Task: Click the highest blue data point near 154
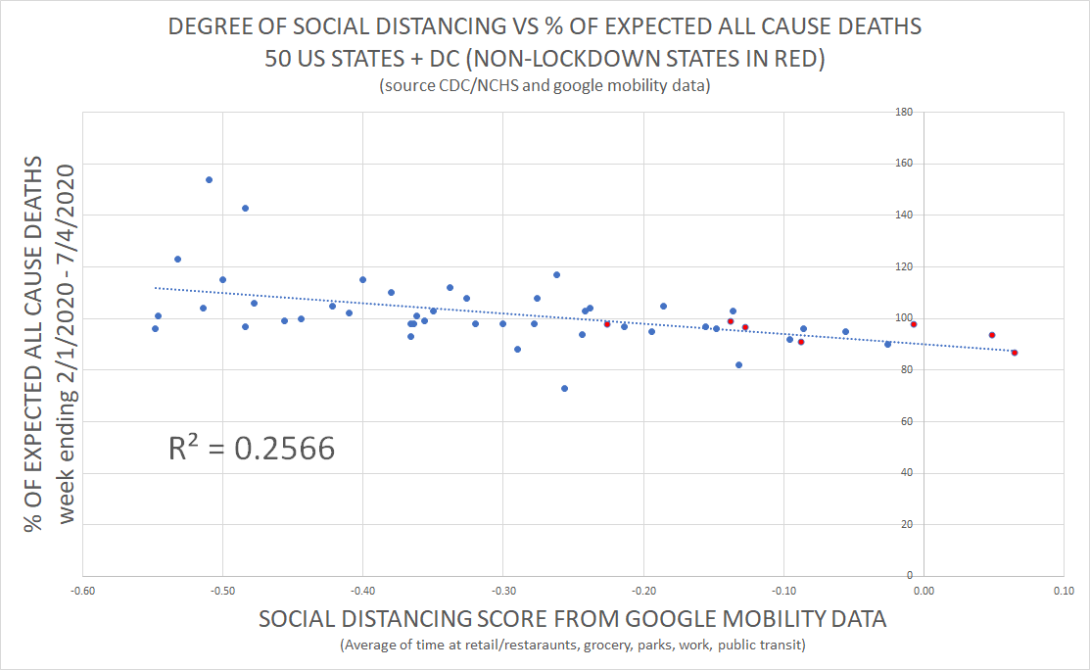point(209,179)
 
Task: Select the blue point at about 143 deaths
point(245,208)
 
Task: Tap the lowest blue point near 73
point(564,388)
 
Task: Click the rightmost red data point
point(1014,353)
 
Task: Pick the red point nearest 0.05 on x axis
point(992,335)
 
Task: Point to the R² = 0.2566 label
point(252,448)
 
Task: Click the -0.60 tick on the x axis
point(83,592)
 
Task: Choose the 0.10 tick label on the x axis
point(1064,592)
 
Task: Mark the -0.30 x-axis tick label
point(503,592)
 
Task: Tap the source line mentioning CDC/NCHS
point(545,86)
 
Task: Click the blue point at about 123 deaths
point(177,259)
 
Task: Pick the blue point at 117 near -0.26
point(556,274)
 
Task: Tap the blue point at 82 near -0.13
point(738,364)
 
